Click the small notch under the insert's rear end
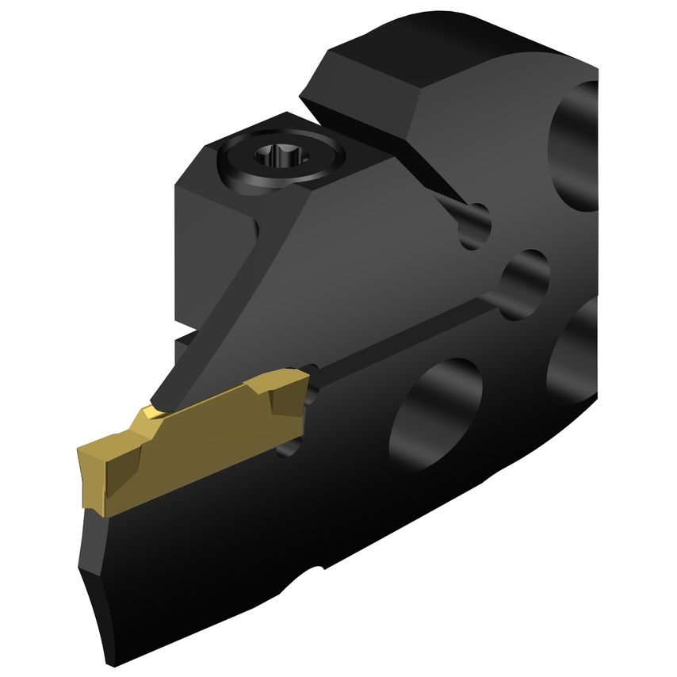point(289,449)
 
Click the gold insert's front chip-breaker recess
point(119,468)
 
